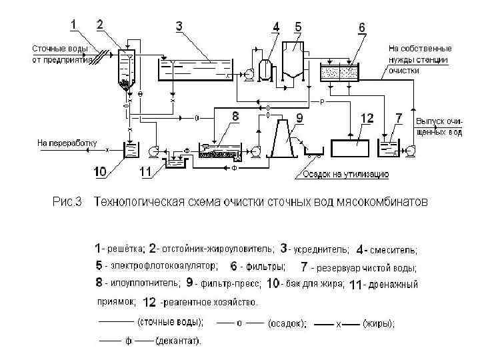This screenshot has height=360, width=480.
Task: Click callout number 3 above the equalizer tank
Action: [179, 26]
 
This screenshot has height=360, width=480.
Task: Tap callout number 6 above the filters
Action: [361, 27]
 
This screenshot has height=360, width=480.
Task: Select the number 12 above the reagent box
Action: [367, 118]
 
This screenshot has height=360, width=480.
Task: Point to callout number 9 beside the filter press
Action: [299, 118]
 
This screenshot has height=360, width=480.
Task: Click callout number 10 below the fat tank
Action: [99, 172]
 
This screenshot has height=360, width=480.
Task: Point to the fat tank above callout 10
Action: [130, 149]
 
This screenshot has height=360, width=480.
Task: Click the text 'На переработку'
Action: [67, 142]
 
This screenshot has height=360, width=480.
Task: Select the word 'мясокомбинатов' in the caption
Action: [385, 201]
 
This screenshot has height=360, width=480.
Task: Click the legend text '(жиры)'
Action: [379, 323]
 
